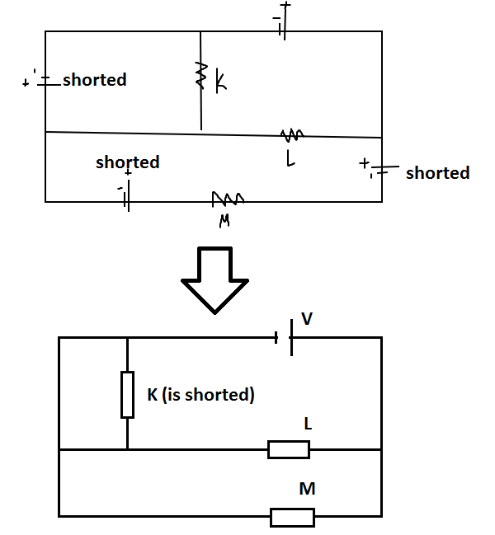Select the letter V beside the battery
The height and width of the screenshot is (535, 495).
click(307, 318)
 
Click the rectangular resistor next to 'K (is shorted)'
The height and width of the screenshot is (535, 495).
click(127, 394)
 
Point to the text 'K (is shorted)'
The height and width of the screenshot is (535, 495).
click(200, 395)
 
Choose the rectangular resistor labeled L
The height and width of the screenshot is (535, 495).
click(289, 449)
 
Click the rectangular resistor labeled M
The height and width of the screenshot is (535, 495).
click(292, 517)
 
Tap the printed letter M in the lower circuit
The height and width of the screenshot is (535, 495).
click(307, 490)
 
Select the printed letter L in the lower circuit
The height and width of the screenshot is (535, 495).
click(308, 423)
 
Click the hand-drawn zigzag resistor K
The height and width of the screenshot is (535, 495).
click(200, 77)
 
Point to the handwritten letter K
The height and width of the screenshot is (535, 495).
click(221, 80)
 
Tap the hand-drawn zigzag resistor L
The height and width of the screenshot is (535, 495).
click(293, 134)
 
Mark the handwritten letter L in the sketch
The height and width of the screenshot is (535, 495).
click(290, 160)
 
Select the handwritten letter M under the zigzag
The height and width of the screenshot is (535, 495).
click(224, 220)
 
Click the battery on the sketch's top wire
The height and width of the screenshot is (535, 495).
click(283, 30)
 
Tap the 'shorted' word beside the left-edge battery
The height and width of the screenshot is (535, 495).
click(95, 80)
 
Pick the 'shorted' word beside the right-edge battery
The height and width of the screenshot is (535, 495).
click(437, 173)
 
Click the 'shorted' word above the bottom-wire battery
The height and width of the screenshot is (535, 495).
click(127, 162)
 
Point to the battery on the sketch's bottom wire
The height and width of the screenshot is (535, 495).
click(126, 200)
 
